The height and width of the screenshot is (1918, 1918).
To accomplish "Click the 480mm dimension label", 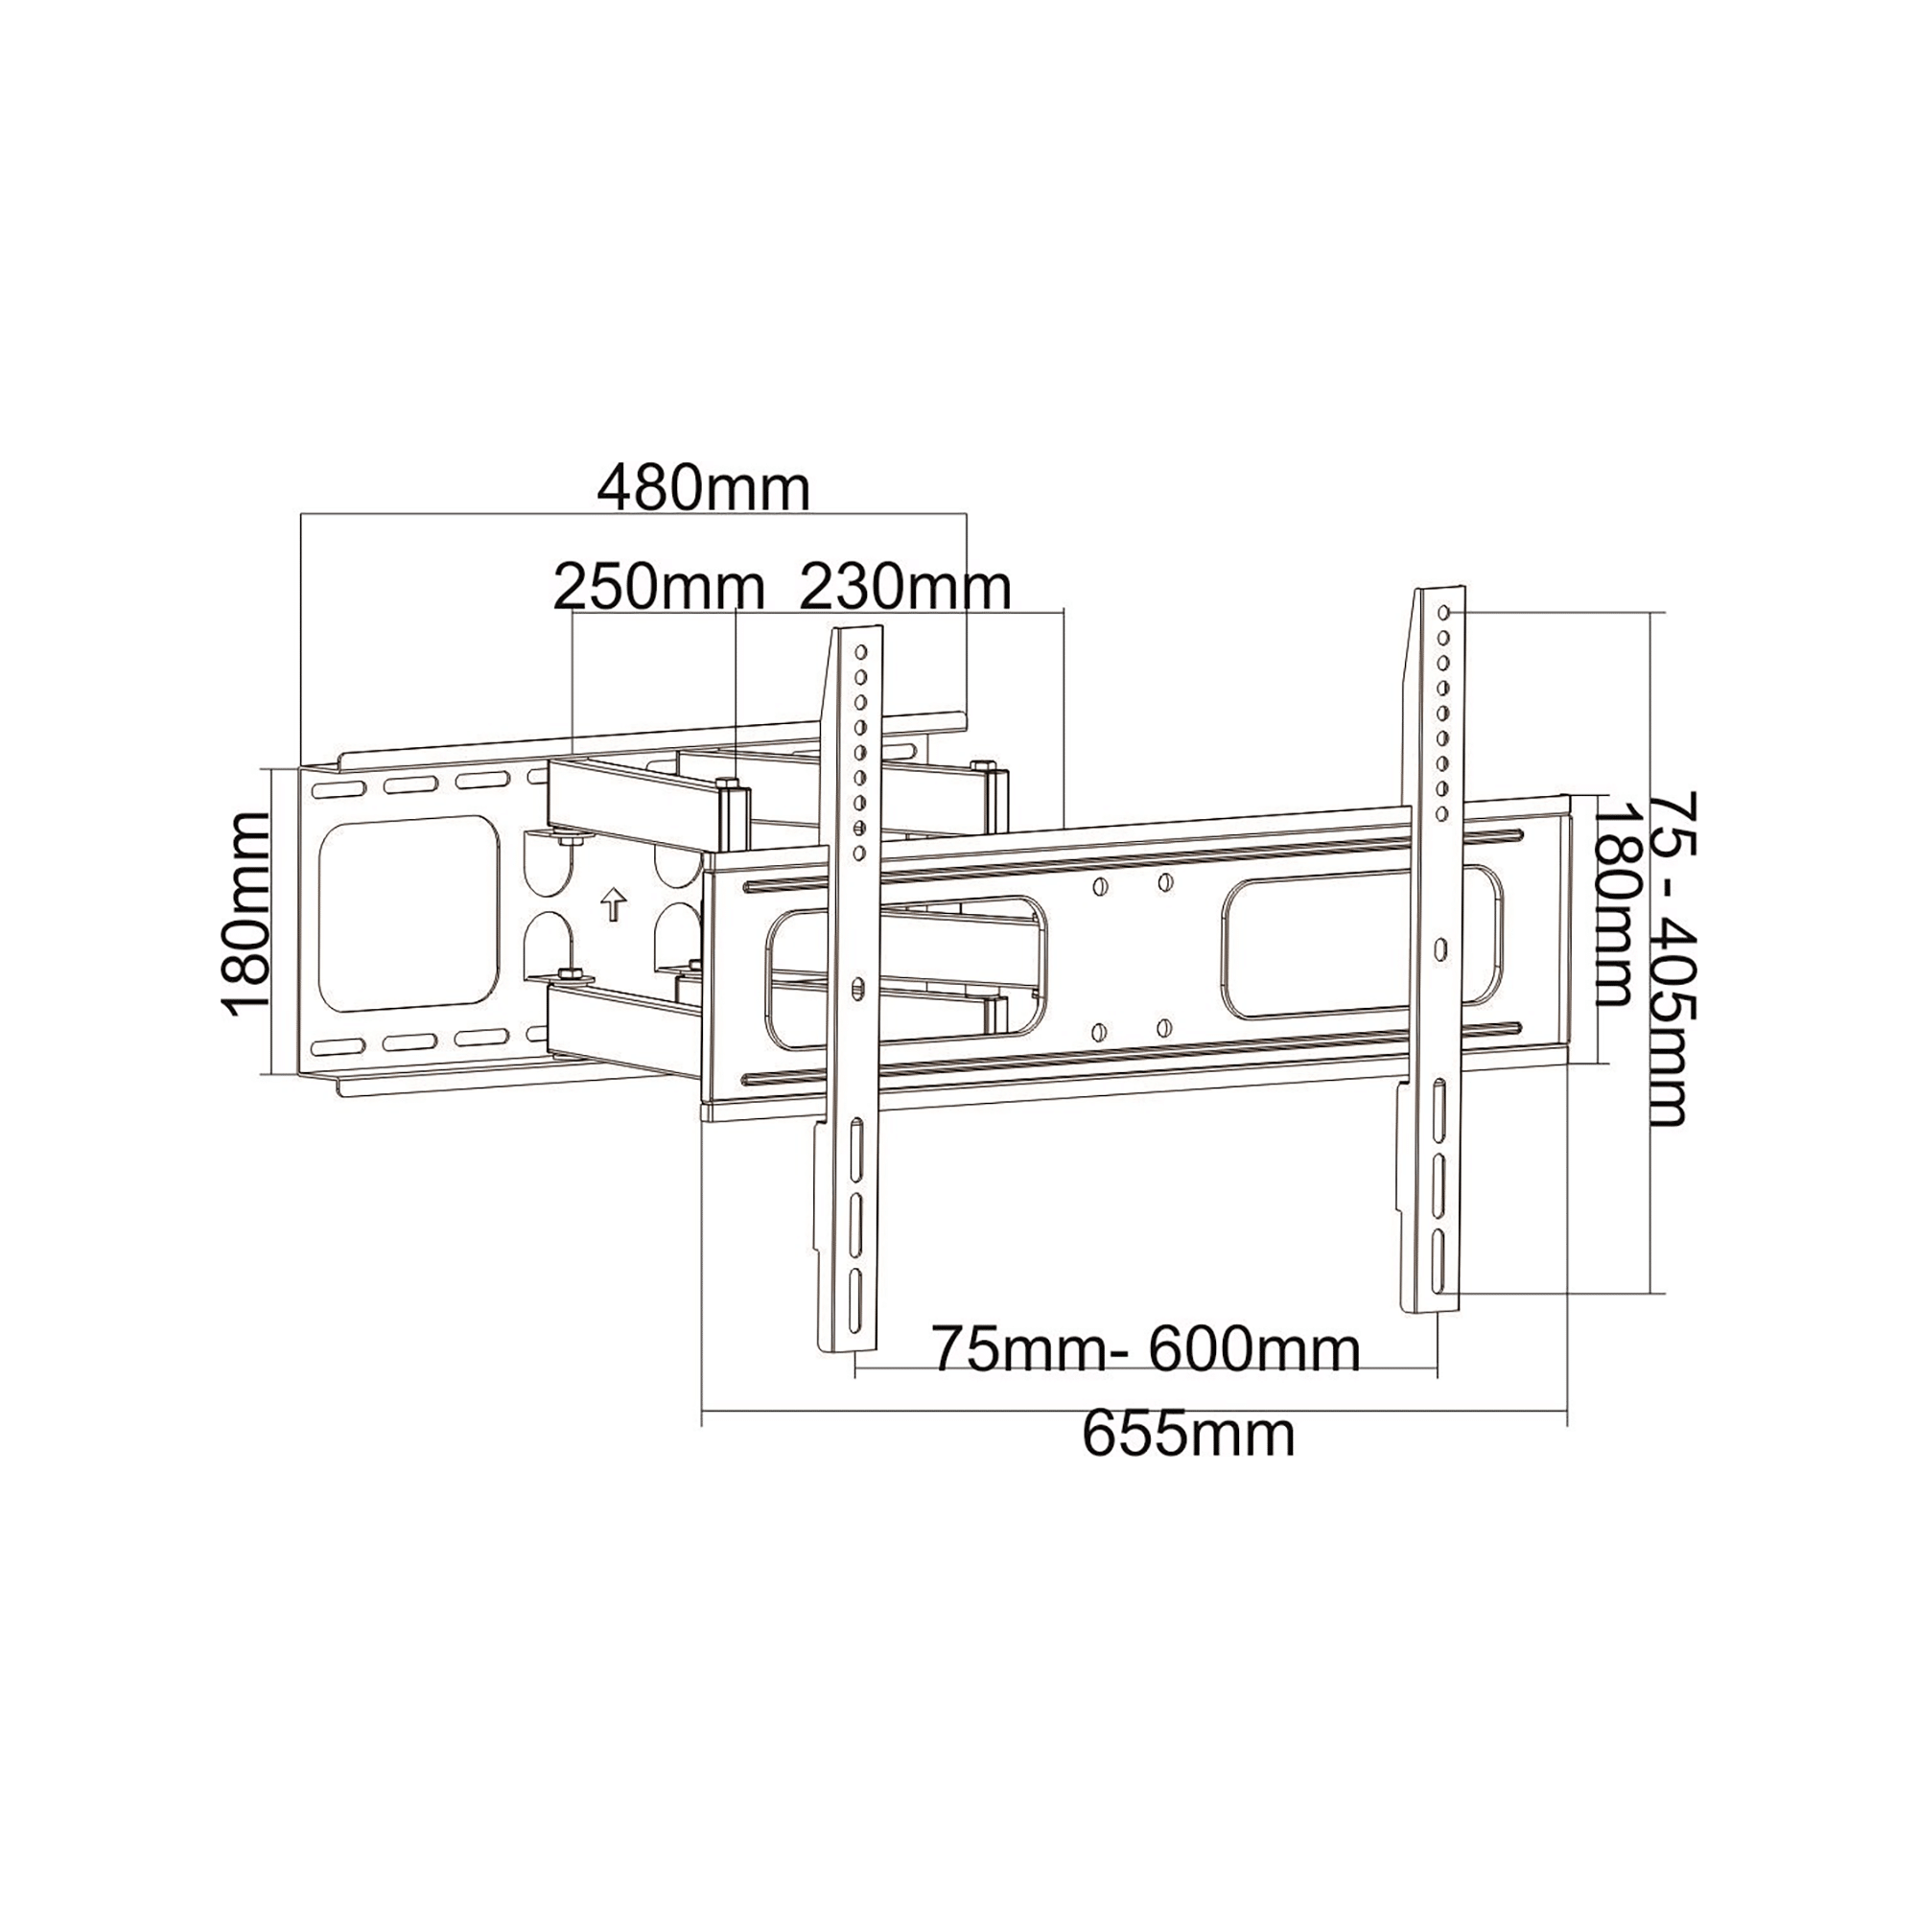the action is pos(704,488).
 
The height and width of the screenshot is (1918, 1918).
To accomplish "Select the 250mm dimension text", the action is pos(659,588).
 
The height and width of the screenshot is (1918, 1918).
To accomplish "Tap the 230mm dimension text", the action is pos(905,588).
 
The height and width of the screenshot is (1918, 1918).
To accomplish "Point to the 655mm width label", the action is pos(1188,1436).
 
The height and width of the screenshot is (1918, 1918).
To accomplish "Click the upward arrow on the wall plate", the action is pos(615,904).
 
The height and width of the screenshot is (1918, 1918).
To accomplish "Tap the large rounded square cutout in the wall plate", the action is pos(408,914).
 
